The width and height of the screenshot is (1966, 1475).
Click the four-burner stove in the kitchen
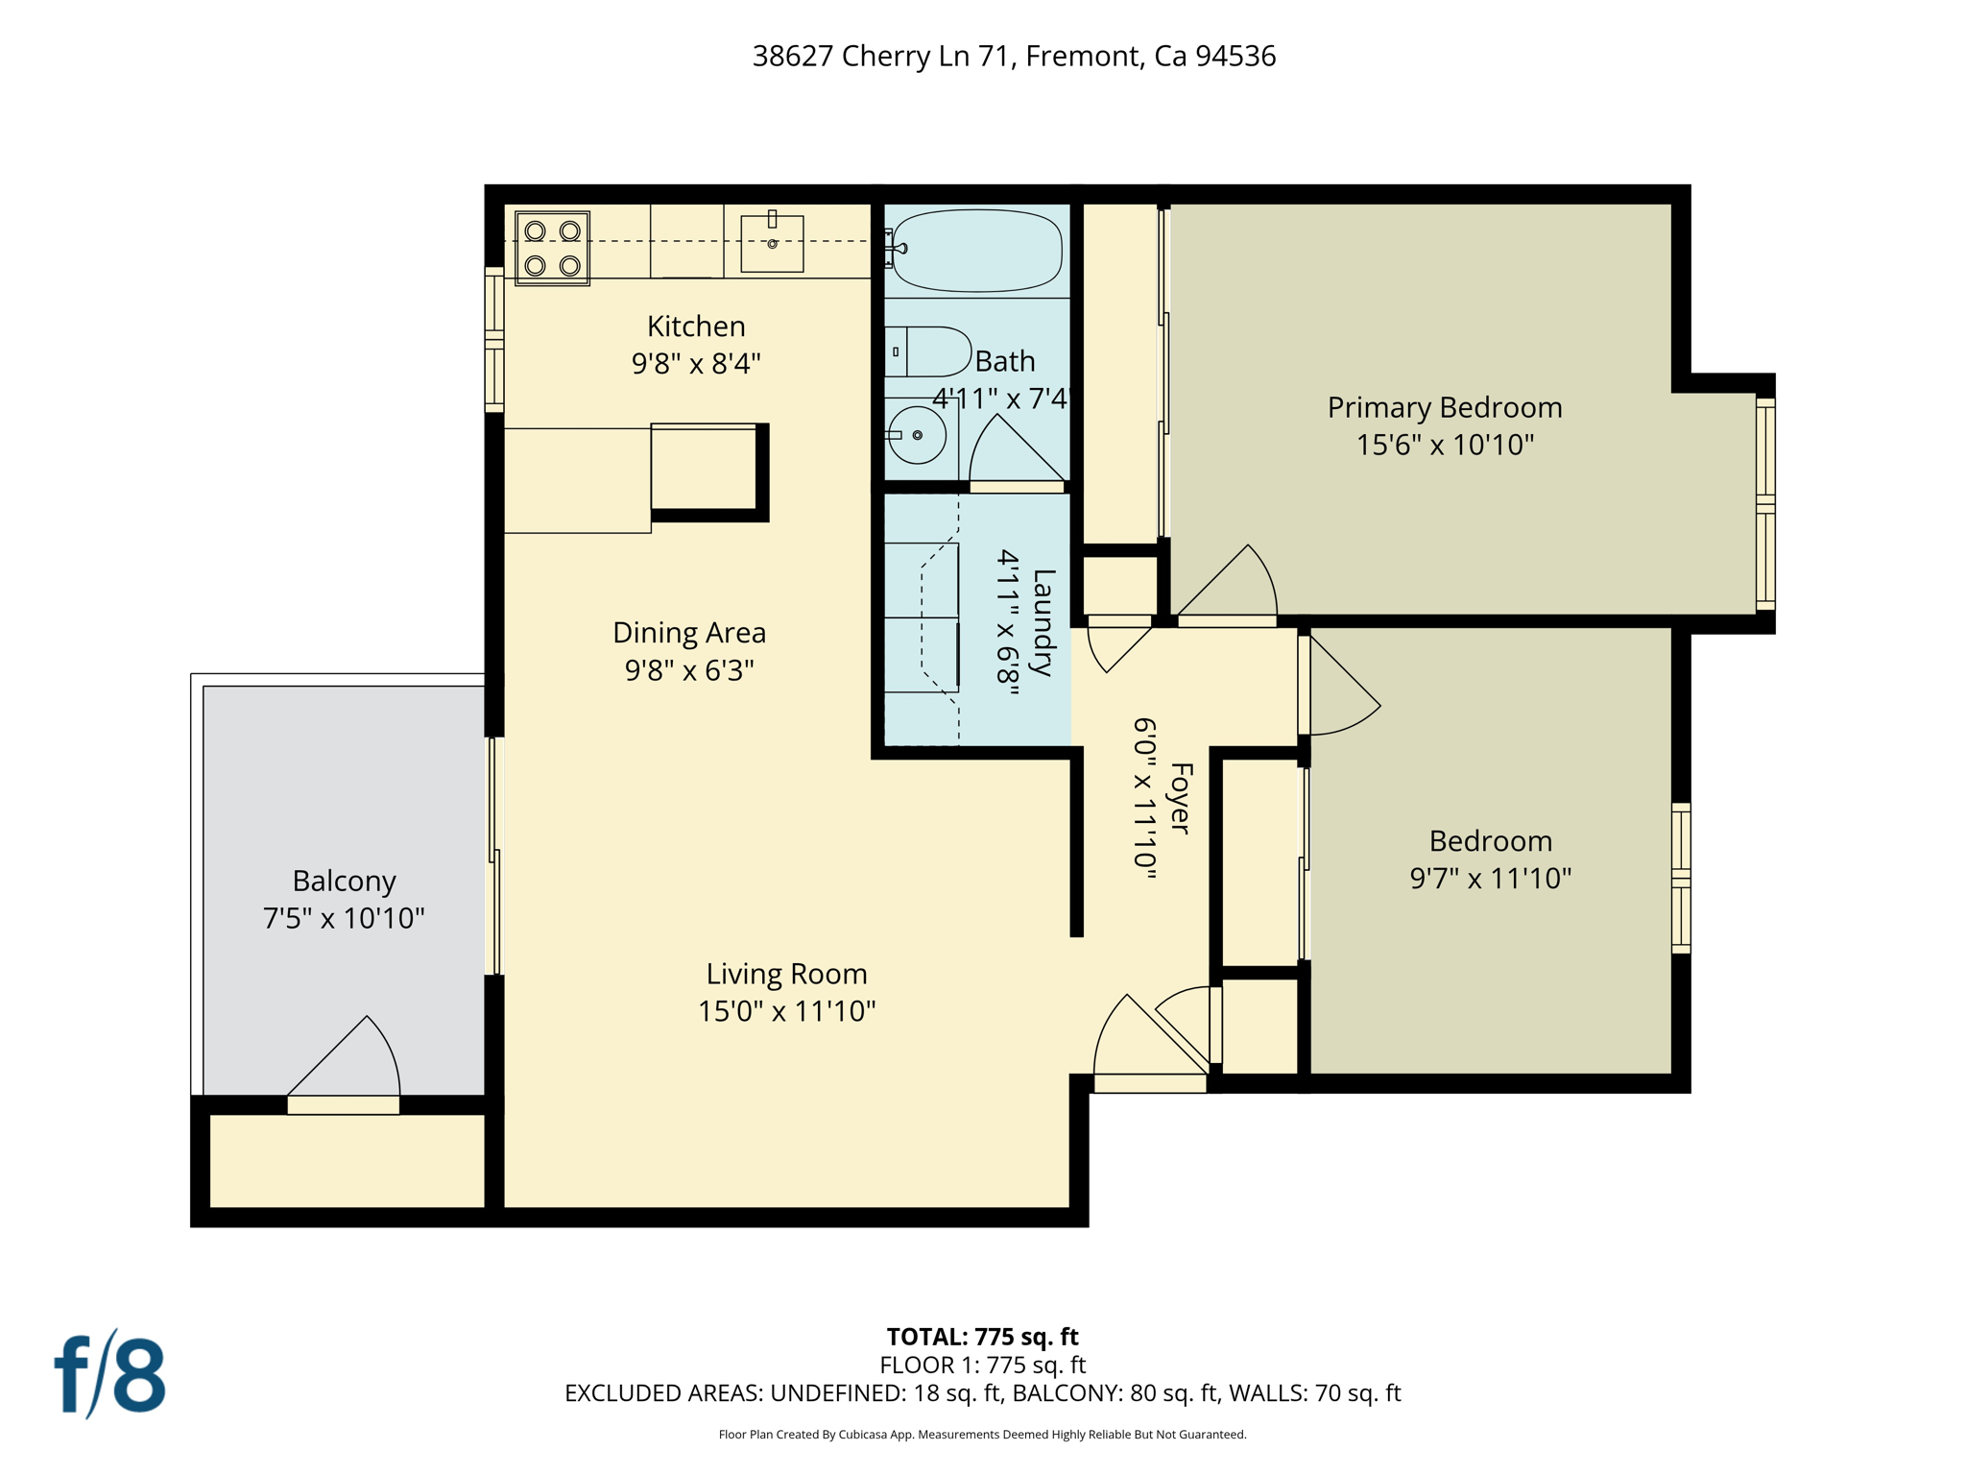(552, 249)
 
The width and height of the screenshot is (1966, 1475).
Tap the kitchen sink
(772, 243)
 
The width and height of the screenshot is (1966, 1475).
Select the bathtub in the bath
(976, 251)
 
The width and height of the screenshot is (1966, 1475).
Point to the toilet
(927, 351)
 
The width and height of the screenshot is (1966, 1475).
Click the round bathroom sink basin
(916, 435)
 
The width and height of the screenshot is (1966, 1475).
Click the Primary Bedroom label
(1445, 408)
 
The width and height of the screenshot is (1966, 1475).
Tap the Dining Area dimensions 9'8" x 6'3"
(689, 670)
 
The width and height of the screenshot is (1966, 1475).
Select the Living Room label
(787, 974)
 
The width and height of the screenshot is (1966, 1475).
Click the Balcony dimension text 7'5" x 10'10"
(344, 918)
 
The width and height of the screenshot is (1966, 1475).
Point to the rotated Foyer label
(1181, 798)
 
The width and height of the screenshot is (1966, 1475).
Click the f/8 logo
(109, 1374)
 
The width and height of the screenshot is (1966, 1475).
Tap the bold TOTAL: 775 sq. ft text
(982, 1337)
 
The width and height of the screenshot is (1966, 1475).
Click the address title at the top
(1014, 57)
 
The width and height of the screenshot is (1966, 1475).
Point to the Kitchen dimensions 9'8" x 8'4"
(696, 364)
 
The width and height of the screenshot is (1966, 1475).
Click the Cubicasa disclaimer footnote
(982, 1435)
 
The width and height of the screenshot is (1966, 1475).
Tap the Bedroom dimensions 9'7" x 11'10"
(1490, 878)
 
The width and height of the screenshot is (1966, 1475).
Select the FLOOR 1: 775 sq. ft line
(982, 1365)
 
